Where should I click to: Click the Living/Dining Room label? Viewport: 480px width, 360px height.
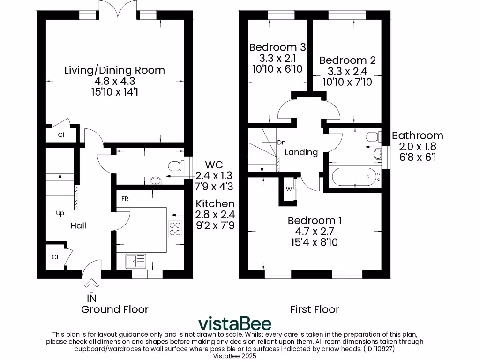coord(114,70)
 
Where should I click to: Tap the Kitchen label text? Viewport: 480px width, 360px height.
coord(215,204)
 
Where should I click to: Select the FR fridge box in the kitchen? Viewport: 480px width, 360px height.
coord(125,198)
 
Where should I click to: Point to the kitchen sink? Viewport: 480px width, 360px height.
coord(135,260)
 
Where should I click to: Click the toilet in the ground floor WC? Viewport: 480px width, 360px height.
coord(175,165)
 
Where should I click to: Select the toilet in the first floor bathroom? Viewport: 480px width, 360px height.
coord(373,137)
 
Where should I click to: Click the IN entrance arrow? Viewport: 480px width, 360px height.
coord(91,285)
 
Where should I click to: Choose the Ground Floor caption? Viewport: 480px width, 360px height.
coord(115,309)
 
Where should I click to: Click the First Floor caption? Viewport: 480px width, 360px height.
coord(315,309)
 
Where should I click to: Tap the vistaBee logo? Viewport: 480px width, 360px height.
coord(234,323)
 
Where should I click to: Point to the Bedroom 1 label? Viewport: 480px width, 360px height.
coord(315,220)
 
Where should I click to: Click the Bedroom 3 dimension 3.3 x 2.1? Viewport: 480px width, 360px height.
coord(277,58)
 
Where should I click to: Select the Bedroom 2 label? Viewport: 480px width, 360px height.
coord(347,60)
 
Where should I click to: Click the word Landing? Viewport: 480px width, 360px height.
coord(301,152)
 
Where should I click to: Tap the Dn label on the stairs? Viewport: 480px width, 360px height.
coord(281,142)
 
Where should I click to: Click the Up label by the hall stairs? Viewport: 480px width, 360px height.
coord(60,213)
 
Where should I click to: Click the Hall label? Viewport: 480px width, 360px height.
coord(78,225)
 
